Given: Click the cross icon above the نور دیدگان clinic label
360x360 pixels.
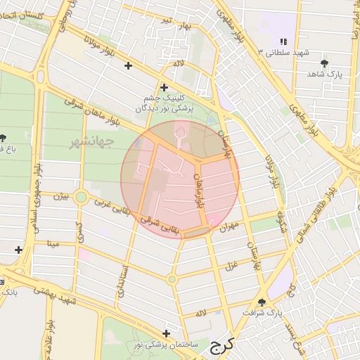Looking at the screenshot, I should (164, 88).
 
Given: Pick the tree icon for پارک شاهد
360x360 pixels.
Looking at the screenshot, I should (323, 63).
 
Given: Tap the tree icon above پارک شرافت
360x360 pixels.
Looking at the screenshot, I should (262, 302).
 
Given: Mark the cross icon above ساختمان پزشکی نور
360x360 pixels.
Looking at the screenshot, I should (166, 333).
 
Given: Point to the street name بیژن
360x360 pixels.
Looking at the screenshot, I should (63, 197).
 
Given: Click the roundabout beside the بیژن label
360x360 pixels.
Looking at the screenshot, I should (81, 198).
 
